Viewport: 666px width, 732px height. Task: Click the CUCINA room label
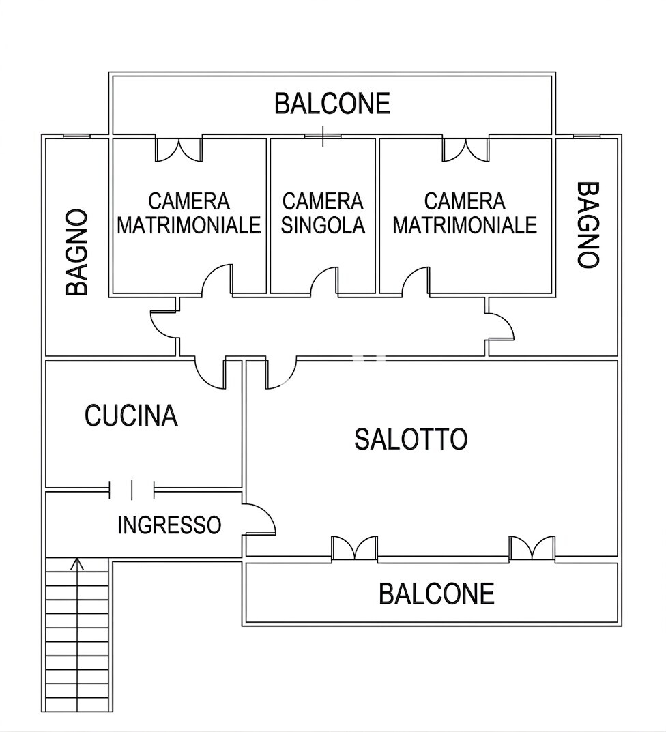tap(131, 415)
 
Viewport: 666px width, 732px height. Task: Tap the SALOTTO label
tap(411, 439)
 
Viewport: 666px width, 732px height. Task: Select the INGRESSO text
tap(169, 525)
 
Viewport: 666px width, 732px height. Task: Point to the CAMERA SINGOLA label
tap(323, 214)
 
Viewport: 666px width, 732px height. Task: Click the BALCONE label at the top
tap(332, 104)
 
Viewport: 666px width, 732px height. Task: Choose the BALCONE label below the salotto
tap(437, 594)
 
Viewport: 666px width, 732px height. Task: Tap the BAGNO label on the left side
tap(76, 252)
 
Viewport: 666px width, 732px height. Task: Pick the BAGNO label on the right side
tap(588, 224)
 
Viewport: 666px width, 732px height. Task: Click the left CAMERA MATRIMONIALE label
tap(189, 214)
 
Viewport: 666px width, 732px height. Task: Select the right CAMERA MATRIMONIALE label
tap(465, 214)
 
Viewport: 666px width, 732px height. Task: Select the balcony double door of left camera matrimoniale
tap(179, 150)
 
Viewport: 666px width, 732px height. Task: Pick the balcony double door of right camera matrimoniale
tap(465, 150)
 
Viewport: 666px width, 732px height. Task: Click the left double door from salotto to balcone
tap(354, 548)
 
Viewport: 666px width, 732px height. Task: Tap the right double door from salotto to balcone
tap(532, 548)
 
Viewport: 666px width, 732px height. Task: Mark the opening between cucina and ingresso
tap(132, 489)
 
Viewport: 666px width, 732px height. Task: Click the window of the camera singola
tap(323, 136)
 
